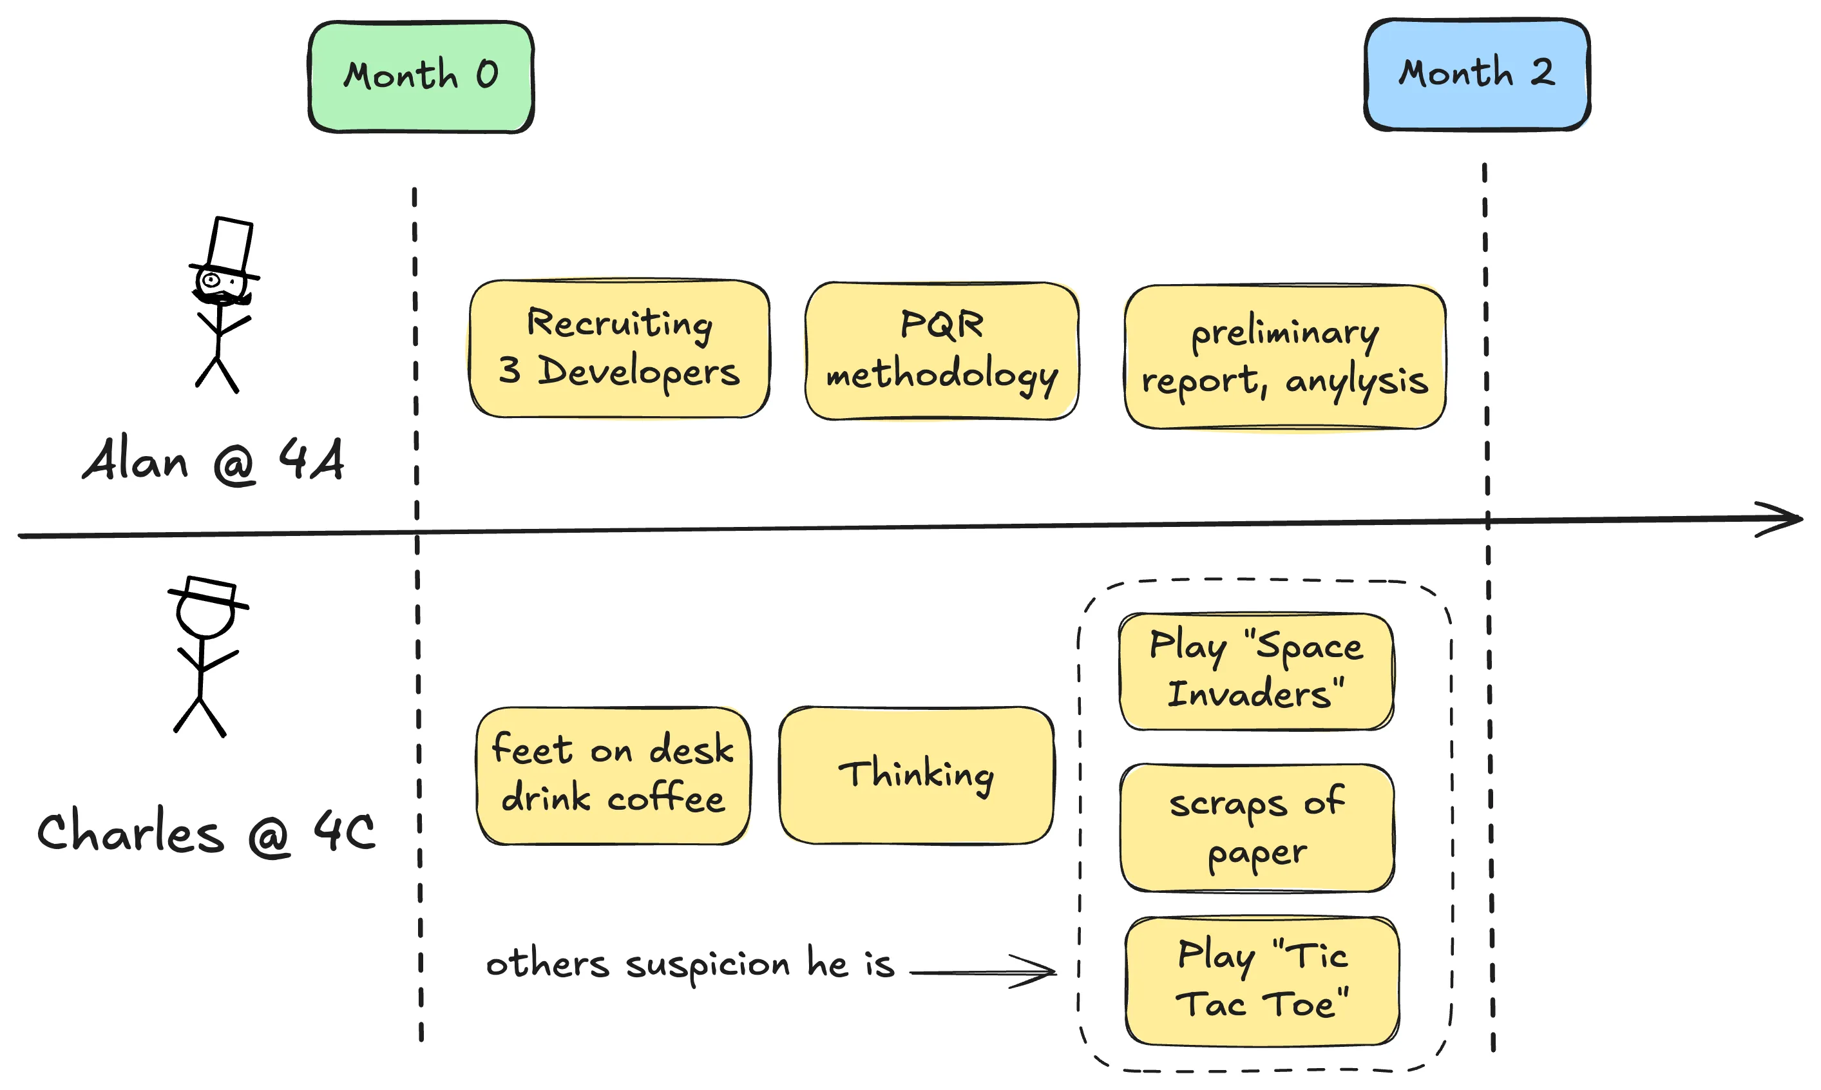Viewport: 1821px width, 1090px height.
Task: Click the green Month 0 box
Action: pyautogui.click(x=421, y=77)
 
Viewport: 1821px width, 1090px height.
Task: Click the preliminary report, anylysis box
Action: pyautogui.click(x=1284, y=357)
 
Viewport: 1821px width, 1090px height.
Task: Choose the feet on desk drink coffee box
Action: pyautogui.click(x=613, y=776)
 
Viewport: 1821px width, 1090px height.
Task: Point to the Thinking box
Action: pyautogui.click(x=917, y=776)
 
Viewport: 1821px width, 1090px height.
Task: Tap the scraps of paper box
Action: pyautogui.click(x=1256, y=828)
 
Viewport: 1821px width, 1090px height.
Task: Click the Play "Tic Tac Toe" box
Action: pyautogui.click(x=1261, y=980)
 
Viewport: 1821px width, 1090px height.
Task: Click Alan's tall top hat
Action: pyautogui.click(x=230, y=246)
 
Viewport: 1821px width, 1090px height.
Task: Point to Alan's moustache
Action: pyautogui.click(x=221, y=298)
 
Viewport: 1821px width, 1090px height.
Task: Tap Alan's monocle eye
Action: pyautogui.click(x=211, y=280)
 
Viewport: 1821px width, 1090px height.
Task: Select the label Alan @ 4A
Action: pyautogui.click(x=213, y=460)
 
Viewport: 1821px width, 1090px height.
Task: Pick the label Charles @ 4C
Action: pyautogui.click(x=206, y=832)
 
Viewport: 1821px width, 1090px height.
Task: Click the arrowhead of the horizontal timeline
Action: pyautogui.click(x=1784, y=519)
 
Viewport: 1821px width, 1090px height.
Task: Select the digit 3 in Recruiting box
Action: pyautogui.click(x=510, y=370)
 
